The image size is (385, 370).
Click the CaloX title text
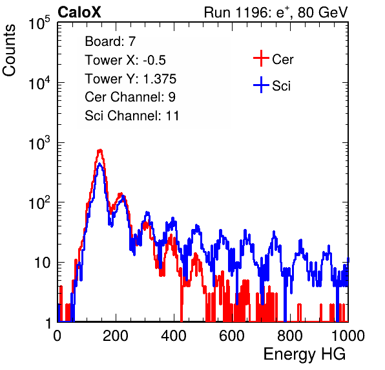click(79, 12)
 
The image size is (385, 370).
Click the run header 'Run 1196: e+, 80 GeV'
click(276, 12)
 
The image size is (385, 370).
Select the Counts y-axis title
click(9, 50)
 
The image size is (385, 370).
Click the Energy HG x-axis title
click(304, 354)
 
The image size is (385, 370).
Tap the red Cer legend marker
click(261, 58)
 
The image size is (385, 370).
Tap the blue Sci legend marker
click(261, 85)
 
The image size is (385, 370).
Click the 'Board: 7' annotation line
click(110, 41)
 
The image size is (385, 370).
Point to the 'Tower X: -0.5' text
click(125, 60)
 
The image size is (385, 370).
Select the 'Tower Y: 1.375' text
click(130, 79)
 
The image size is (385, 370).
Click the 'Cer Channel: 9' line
click(130, 97)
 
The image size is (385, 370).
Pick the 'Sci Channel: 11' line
click(132, 116)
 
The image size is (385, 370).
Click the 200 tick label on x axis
click(116, 336)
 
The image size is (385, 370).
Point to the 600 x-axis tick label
click(232, 336)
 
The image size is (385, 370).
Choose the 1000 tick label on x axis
click(348, 336)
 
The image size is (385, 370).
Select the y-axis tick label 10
click(43, 263)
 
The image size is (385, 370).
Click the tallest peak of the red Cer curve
click(99, 150)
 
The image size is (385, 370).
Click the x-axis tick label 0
click(57, 336)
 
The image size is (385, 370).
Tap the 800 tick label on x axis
click(290, 336)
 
